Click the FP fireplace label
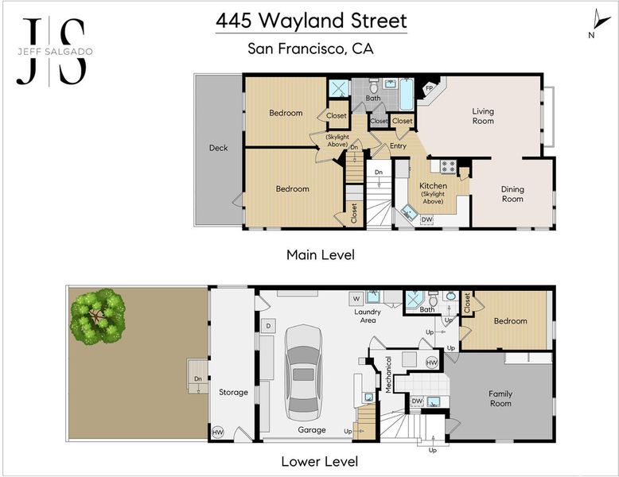pyautogui.click(x=429, y=88)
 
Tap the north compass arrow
pyautogui.click(x=601, y=19)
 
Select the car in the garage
pyautogui.click(x=304, y=373)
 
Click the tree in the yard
pyautogui.click(x=98, y=316)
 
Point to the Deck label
pyautogui.click(x=218, y=148)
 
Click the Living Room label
pyautogui.click(x=483, y=116)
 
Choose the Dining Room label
pyautogui.click(x=512, y=194)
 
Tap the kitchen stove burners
pyautogui.click(x=448, y=166)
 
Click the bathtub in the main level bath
pyautogui.click(x=407, y=94)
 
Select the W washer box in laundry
pyautogui.click(x=356, y=299)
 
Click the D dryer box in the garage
pyautogui.click(x=268, y=326)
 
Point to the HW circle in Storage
pyautogui.click(x=218, y=432)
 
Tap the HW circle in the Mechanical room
pyautogui.click(x=432, y=363)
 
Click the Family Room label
pyautogui.click(x=500, y=398)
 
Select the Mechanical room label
pyautogui.click(x=388, y=374)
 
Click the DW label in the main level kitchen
pyautogui.click(x=426, y=219)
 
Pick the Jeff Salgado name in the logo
pyautogui.click(x=55, y=52)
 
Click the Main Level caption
pyautogui.click(x=321, y=255)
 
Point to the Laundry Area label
pyautogui.click(x=368, y=316)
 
